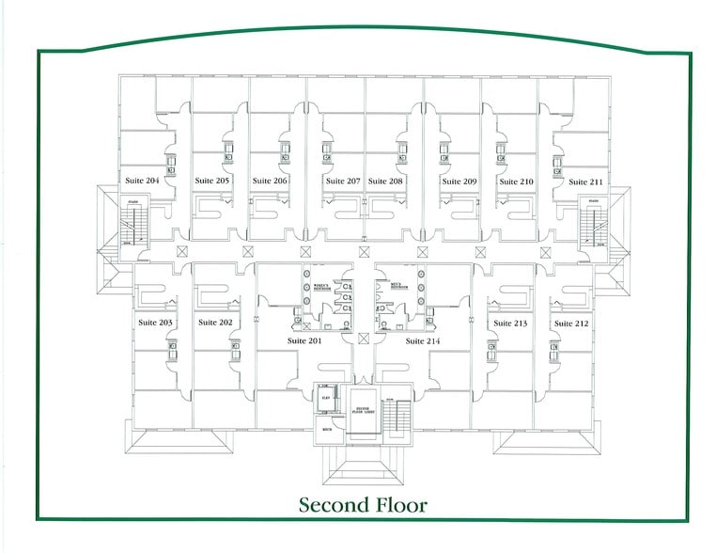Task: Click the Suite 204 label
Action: click(142, 180)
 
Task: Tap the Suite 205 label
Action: click(212, 181)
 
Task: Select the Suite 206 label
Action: click(269, 181)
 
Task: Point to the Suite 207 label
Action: click(343, 181)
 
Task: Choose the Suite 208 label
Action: click(385, 181)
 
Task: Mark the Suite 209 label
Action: click(459, 181)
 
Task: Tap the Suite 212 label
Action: click(570, 324)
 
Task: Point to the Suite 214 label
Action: click(423, 340)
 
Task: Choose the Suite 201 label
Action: click(304, 340)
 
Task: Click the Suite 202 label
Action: click(215, 323)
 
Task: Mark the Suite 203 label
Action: click(155, 323)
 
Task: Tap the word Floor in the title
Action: click(401, 505)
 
